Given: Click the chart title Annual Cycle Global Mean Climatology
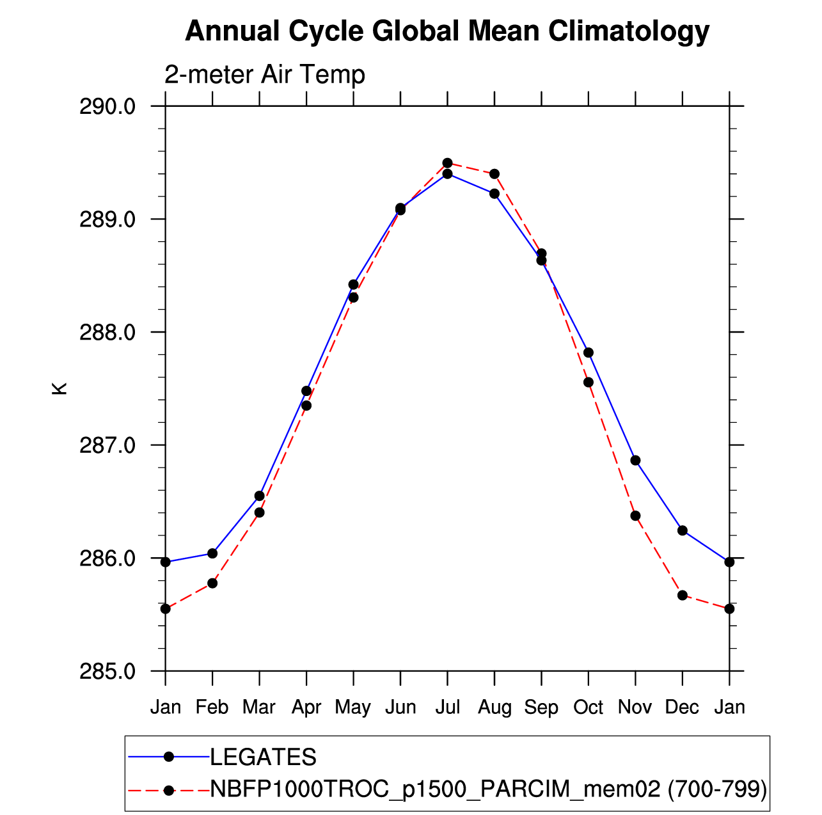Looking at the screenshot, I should [x=447, y=31].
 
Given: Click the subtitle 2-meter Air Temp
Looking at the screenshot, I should [x=265, y=75].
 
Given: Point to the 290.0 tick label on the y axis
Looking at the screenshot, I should [x=107, y=106].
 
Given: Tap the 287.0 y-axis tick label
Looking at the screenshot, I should [x=107, y=445].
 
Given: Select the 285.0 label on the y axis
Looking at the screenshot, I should [x=107, y=671].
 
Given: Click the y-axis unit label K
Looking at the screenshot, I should [x=59, y=388].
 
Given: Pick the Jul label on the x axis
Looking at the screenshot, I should [x=447, y=707].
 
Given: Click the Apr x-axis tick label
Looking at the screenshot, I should [x=306, y=707].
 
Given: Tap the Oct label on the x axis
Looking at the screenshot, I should [x=588, y=707].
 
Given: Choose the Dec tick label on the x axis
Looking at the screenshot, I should [x=682, y=707].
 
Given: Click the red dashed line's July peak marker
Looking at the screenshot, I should [x=447, y=163].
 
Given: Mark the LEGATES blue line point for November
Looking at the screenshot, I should [x=635, y=460].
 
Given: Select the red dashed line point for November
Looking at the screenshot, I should [x=635, y=516].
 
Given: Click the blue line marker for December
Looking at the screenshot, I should [x=682, y=530].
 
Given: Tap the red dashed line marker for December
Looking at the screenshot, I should [x=682, y=595].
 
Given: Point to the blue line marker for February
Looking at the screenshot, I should [x=212, y=553].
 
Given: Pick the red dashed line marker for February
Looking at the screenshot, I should [x=212, y=583].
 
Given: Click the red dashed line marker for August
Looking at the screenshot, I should [x=494, y=174].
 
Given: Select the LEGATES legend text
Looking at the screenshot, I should [x=263, y=757].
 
